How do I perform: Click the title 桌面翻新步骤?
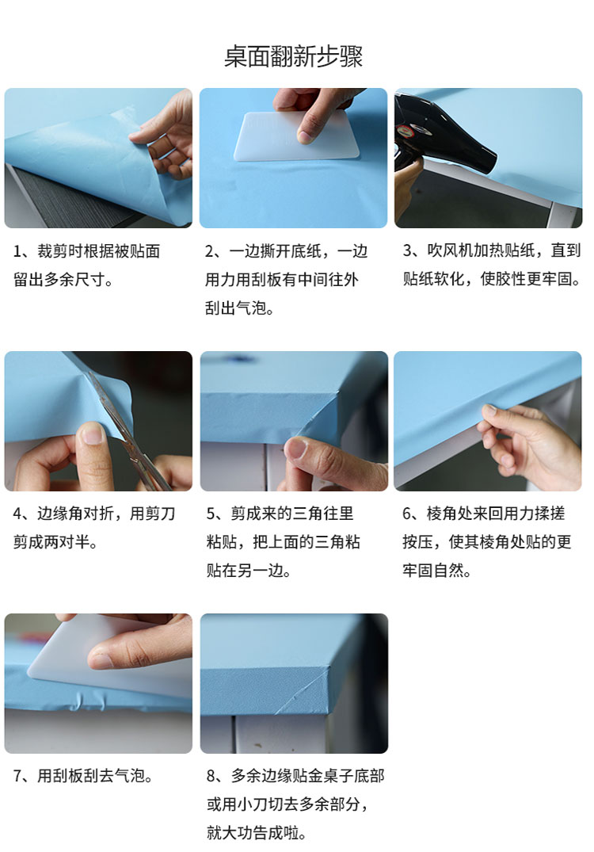tap(293, 56)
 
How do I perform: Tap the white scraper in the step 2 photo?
tap(297, 136)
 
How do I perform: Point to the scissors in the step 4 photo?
tap(131, 430)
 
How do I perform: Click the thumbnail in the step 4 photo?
tap(93, 434)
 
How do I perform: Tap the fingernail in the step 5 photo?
tap(296, 449)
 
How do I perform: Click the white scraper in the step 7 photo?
tap(109, 658)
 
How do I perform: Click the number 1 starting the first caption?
tap(17, 251)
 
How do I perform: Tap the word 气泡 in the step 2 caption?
tap(251, 308)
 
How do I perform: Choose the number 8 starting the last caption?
tap(211, 776)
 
